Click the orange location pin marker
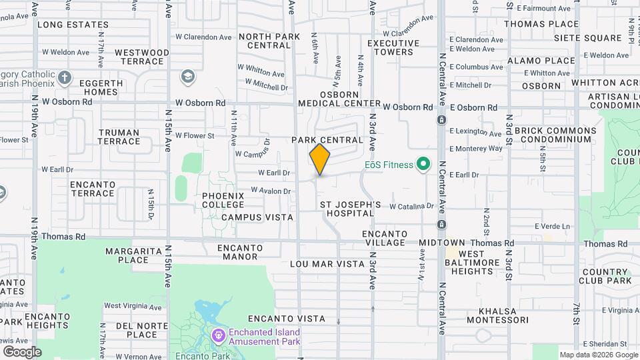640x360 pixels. coord(320,159)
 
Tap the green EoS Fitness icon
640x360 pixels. coord(422,163)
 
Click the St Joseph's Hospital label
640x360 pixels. coord(350,209)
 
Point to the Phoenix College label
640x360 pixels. coord(223,201)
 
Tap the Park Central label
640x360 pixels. coord(327,141)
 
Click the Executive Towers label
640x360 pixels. coord(393,47)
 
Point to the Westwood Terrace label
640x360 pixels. coord(142,57)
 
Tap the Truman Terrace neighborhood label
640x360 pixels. coord(119,137)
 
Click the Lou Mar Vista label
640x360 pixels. coord(327,264)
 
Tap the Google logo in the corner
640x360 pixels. coord(22,351)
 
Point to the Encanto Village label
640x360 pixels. coord(384,238)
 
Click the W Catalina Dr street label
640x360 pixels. coord(412,207)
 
